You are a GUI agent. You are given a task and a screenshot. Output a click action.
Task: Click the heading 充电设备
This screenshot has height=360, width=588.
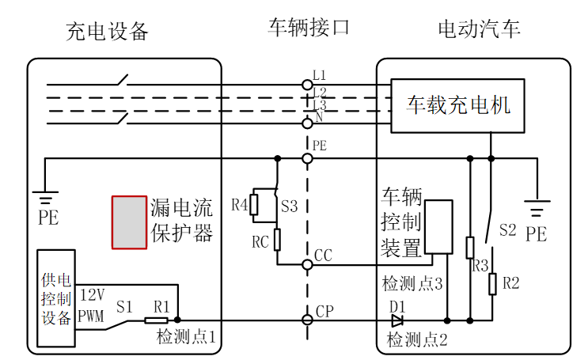tap(108, 32)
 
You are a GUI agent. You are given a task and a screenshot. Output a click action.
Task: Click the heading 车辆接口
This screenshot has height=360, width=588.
tap(309, 28)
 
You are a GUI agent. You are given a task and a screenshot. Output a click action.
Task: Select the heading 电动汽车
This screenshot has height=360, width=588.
tap(479, 30)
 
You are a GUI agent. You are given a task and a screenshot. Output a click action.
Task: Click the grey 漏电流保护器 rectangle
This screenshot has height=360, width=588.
tap(129, 222)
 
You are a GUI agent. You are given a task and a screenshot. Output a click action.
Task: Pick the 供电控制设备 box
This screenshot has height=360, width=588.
tap(56, 298)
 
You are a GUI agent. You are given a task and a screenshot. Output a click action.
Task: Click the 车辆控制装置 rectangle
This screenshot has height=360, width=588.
tap(438, 226)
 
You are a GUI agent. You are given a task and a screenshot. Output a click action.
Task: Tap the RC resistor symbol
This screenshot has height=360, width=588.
tap(277, 238)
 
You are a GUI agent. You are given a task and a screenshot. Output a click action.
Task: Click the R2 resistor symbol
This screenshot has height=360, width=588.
tap(491, 282)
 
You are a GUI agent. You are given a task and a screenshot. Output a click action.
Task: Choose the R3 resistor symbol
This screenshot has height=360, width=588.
tap(469, 248)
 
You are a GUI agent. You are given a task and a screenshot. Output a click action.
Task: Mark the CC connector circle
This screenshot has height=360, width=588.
tap(307, 263)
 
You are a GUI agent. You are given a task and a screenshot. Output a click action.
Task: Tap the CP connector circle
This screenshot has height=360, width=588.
tap(307, 320)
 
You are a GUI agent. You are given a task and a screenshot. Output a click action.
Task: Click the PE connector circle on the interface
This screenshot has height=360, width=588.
tap(307, 158)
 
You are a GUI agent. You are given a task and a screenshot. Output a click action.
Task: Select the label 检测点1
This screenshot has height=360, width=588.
tap(187, 338)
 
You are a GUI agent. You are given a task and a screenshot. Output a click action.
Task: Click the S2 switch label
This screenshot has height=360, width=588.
tap(507, 230)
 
